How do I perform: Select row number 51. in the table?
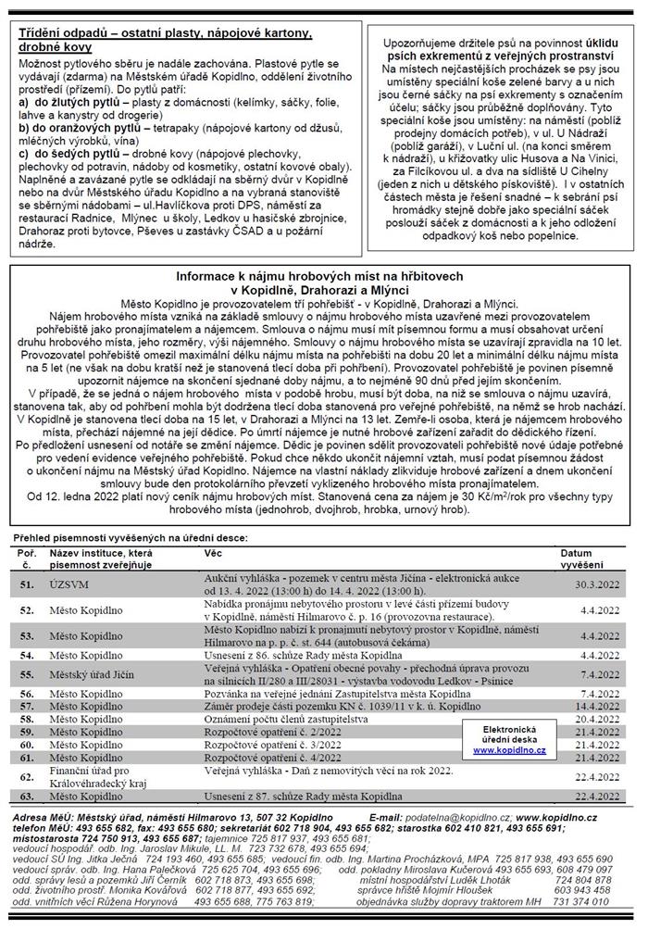27,584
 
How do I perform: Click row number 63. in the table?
27,797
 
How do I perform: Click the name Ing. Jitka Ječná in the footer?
92,860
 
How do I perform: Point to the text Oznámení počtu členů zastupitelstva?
281,718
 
